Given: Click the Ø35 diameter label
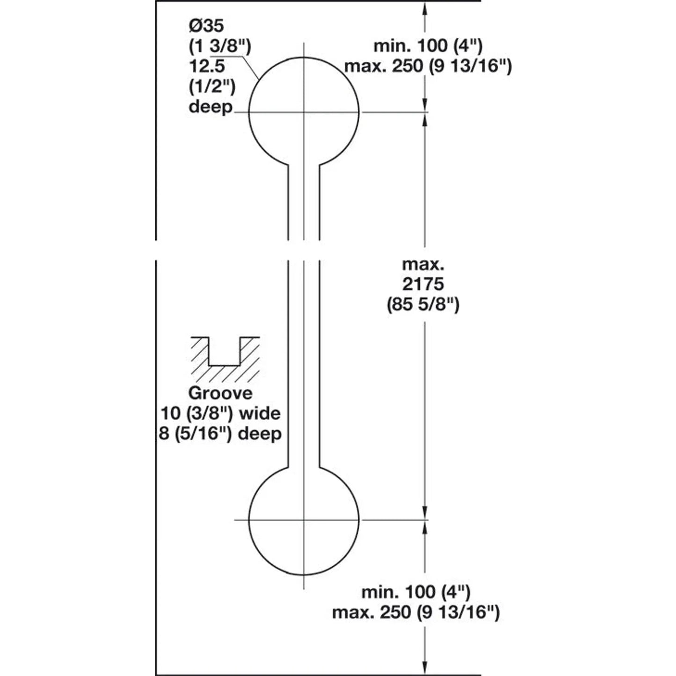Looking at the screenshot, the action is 206,26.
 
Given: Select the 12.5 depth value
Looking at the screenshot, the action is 207,66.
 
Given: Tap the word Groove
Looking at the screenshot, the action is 220,393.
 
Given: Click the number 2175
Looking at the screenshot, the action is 423,284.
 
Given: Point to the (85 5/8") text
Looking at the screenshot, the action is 423,305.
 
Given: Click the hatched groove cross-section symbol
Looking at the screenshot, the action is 225,359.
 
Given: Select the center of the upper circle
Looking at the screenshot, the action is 304,112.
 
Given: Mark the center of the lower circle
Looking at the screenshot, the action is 304,520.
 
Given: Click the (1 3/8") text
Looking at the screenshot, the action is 220,46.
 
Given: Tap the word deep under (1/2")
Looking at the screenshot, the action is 211,107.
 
